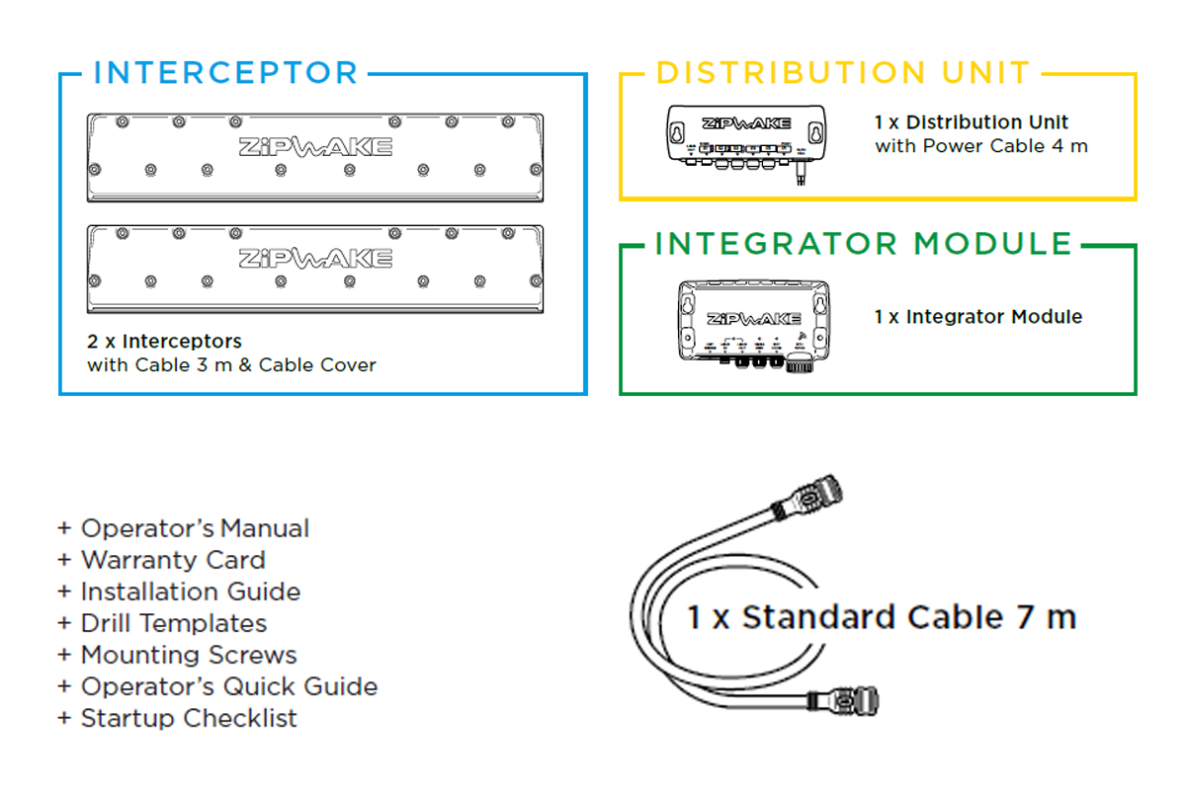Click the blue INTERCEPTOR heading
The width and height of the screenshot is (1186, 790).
click(225, 73)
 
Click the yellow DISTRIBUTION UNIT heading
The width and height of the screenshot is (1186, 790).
click(843, 73)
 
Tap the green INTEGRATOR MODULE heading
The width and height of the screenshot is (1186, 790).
click(863, 244)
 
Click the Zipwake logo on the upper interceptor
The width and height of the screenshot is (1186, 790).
click(315, 147)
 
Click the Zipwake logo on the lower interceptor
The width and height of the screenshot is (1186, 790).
click(315, 259)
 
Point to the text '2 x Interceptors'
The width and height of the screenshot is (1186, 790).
click(164, 342)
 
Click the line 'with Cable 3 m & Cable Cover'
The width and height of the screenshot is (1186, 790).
click(231, 365)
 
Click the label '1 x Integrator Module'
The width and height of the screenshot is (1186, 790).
click(977, 317)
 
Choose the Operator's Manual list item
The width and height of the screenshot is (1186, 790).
click(194, 528)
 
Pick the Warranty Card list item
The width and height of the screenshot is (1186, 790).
click(172, 560)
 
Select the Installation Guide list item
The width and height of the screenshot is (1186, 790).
click(190, 592)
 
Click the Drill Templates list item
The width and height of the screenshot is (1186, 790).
click(173, 623)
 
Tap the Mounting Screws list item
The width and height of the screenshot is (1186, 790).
click(188, 655)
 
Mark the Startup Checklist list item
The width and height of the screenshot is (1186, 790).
click(188, 718)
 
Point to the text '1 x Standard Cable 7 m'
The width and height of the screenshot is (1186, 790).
click(882, 617)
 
